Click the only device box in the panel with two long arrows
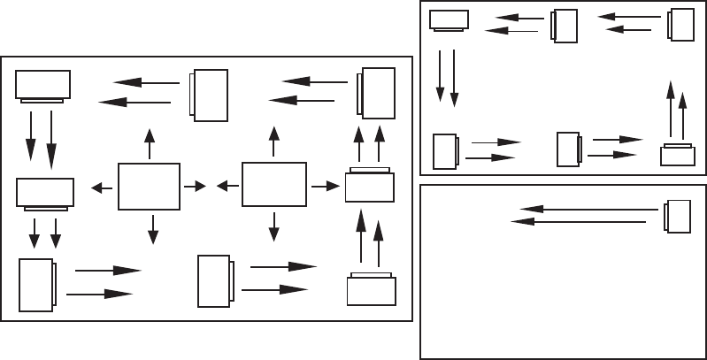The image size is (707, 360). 678,218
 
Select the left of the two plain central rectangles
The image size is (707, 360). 149,186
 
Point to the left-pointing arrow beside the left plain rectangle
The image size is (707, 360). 102,188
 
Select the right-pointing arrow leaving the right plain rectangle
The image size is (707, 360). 327,186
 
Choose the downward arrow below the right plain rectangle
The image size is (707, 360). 273,226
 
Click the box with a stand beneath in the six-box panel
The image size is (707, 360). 450,19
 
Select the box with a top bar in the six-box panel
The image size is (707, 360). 678,155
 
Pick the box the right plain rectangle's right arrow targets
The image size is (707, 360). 370,187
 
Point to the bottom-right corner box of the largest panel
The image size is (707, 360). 371,289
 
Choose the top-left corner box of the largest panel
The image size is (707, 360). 43,86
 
